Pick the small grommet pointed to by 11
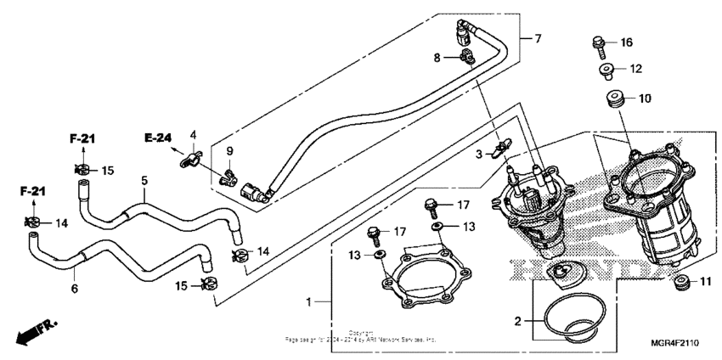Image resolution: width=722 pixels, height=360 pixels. [680, 280]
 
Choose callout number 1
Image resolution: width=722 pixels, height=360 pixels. [310, 301]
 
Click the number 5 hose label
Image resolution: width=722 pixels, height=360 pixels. [144, 181]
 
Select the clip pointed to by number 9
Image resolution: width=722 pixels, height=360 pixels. [228, 177]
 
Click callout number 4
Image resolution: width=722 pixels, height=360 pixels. [193, 134]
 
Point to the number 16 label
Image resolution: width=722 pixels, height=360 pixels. [626, 42]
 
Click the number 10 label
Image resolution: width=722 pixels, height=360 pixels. [645, 98]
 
